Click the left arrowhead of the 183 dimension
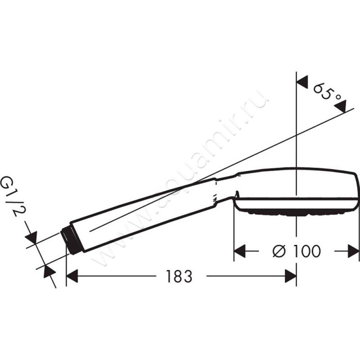tap(72, 276)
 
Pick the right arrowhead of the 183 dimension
tap(290, 276)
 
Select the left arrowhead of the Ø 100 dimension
tap(240, 251)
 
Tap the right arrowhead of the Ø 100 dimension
tap(353, 251)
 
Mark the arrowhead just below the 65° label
tap(342, 106)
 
